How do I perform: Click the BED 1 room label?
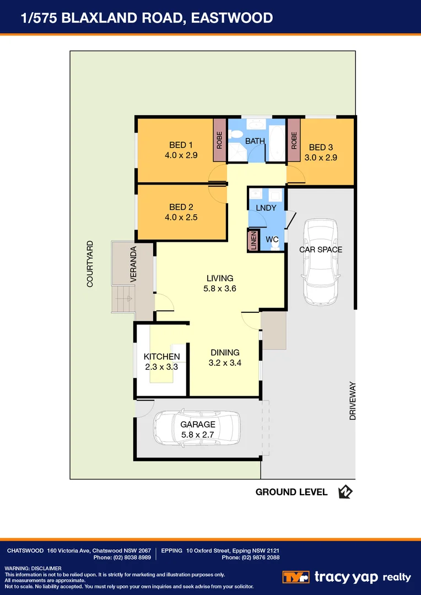coord(177,145)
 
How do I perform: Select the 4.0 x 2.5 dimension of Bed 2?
coord(181,218)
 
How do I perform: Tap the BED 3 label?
coord(321,147)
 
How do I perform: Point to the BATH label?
coord(255,142)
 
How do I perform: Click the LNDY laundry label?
coord(266,208)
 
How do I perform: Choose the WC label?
coord(272,240)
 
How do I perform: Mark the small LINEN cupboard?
coord(253,240)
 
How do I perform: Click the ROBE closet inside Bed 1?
coord(219,140)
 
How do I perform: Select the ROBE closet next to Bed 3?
coord(294,140)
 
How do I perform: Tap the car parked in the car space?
coord(320,262)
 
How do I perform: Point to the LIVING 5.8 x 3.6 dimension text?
coord(220,288)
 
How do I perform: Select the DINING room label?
coord(225,353)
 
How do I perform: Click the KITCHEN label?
coord(161,356)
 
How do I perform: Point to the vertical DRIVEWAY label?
coord(352,401)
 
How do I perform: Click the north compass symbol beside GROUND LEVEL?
coord(346,492)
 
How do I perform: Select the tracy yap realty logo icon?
coord(295,577)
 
